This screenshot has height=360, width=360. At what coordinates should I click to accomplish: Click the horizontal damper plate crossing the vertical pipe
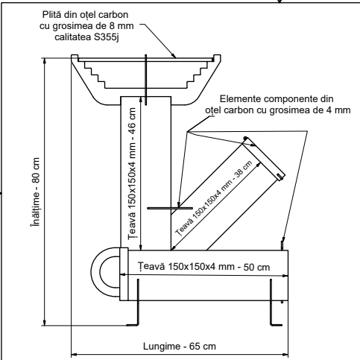point(165,209)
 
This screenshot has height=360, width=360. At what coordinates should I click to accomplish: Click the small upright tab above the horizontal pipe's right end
point(282,244)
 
